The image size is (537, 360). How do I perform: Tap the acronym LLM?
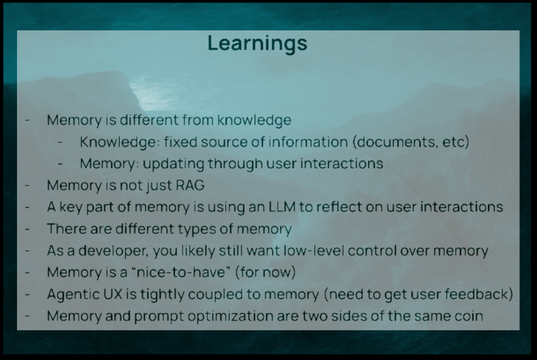[281, 206]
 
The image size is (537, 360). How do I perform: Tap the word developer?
[114, 251]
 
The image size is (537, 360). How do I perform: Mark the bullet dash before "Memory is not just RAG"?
[27, 185]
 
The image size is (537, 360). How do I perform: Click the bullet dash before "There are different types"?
[27, 229]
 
